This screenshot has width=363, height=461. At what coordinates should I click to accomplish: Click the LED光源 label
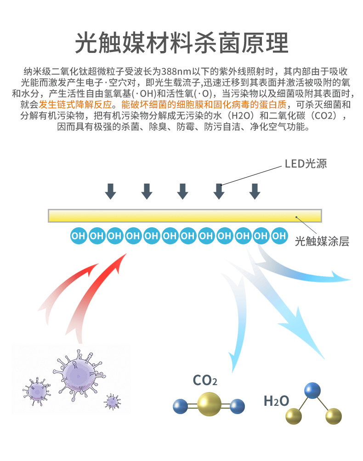pyautogui.click(x=306, y=164)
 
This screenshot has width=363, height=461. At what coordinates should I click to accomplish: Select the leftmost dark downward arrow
pyautogui.click(x=110, y=191)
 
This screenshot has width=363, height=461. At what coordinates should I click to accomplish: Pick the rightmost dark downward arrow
pyautogui.click(x=255, y=191)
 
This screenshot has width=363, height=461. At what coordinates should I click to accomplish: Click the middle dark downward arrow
pyautogui.click(x=182, y=191)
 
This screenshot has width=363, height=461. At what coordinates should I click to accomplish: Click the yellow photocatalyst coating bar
pyautogui.click(x=185, y=216)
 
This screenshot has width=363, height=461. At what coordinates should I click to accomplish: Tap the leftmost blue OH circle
pyautogui.click(x=79, y=236)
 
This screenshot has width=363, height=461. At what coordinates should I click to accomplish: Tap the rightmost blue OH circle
pyautogui.click(x=279, y=236)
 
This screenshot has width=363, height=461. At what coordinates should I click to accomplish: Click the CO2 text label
pyautogui.click(x=205, y=380)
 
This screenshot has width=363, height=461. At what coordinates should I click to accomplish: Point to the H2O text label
pyautogui.click(x=276, y=401)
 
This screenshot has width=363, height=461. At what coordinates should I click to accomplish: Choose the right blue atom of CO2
pyautogui.click(x=237, y=406)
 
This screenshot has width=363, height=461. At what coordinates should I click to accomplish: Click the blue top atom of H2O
pyautogui.click(x=312, y=390)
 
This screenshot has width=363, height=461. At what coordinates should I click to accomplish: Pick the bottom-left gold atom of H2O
pyautogui.click(x=293, y=417)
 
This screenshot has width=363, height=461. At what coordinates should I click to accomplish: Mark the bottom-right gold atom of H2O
pyautogui.click(x=333, y=417)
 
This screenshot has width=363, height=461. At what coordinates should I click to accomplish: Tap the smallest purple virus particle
pyautogui.click(x=112, y=402)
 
